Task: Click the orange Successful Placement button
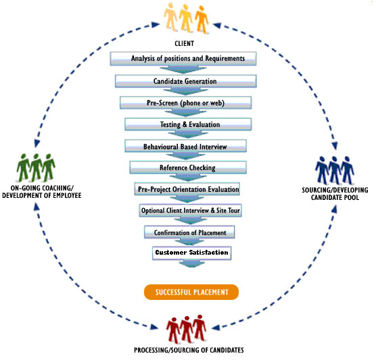click(191, 292)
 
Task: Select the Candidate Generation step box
click(185, 81)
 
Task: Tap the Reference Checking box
click(188, 168)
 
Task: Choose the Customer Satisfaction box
click(191, 253)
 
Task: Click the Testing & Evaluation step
click(188, 124)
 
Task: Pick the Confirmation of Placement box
click(189, 232)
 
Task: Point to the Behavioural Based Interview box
click(185, 146)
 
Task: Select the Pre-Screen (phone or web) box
click(185, 103)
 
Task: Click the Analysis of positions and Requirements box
click(183, 59)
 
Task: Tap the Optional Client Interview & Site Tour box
click(191, 211)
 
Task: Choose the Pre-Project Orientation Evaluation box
click(187, 189)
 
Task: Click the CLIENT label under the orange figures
click(184, 43)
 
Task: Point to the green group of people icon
click(36, 168)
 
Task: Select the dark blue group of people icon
click(335, 170)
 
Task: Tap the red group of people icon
click(187, 329)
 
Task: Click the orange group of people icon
click(186, 18)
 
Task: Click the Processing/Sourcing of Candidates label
click(189, 350)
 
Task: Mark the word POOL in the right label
click(352, 197)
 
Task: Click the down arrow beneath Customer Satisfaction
click(191, 263)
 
